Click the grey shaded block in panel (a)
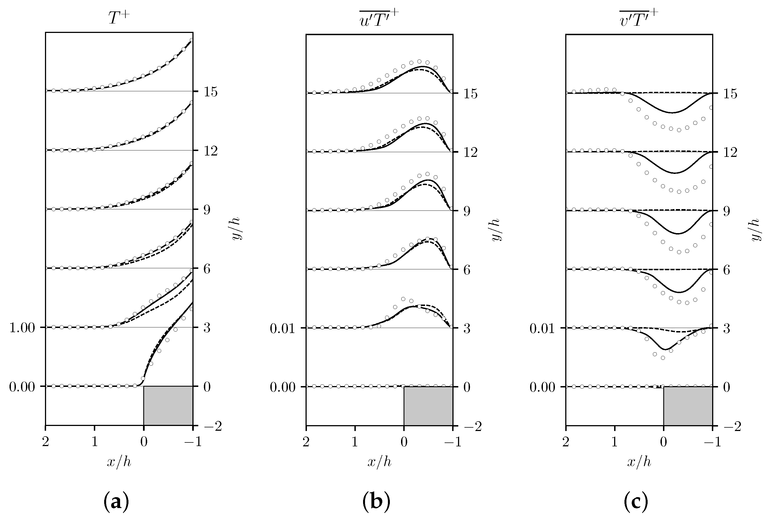coord(168,405)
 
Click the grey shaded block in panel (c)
coord(688,405)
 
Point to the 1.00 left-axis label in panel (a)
coord(22,328)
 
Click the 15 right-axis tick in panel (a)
coord(211,92)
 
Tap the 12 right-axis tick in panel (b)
coord(470,153)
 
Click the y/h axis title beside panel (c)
coord(757,230)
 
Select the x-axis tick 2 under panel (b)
coord(306,442)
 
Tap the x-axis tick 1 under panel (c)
coord(615,442)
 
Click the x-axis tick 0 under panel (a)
coord(144,442)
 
